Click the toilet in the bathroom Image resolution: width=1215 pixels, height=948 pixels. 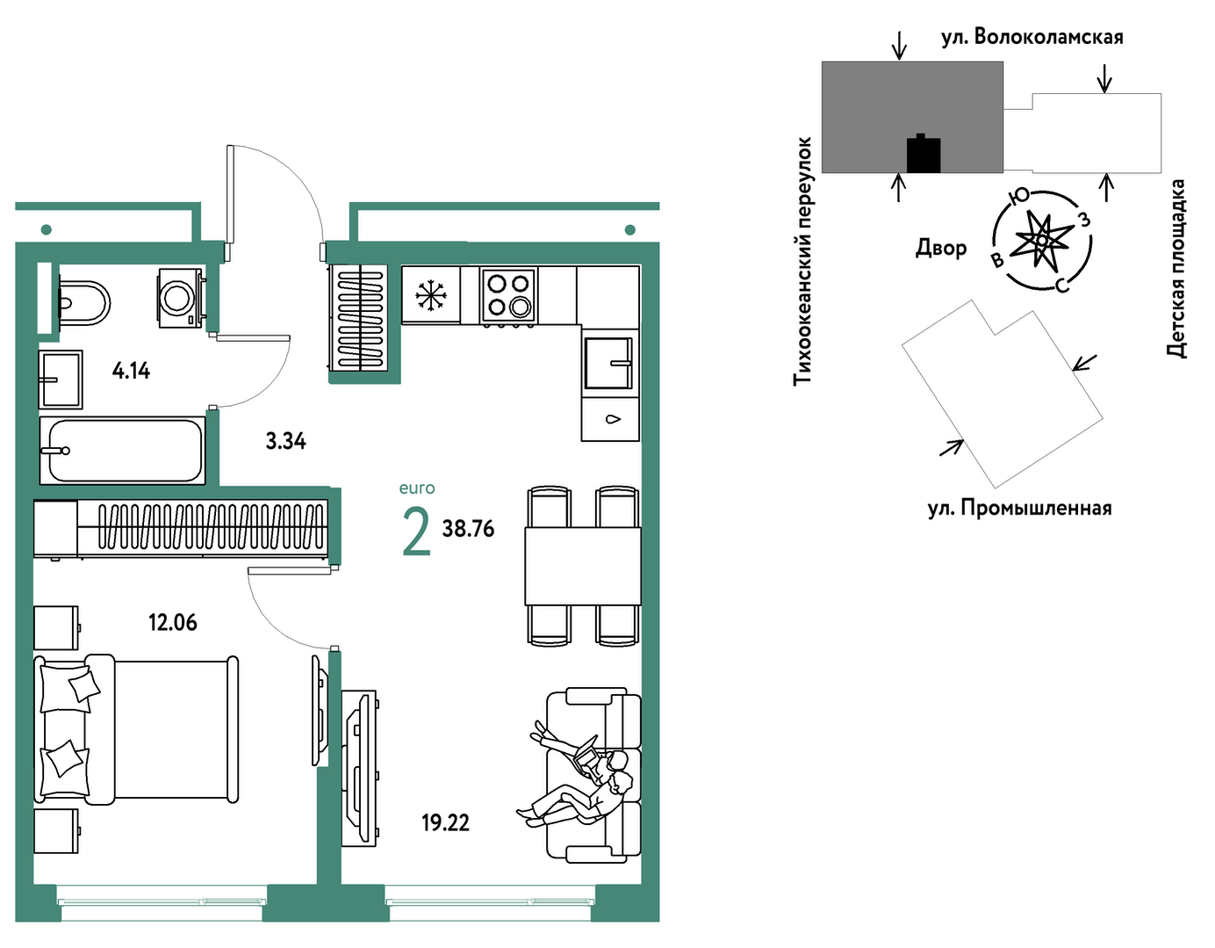(84, 303)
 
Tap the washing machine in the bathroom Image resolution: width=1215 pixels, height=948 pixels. (181, 298)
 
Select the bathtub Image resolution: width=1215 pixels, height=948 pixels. (122, 451)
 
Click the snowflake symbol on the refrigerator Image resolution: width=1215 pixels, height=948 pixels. (431, 295)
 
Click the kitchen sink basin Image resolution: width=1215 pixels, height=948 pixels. (608, 363)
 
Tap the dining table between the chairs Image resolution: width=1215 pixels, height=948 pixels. (583, 566)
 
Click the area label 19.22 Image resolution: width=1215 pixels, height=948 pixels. (446, 823)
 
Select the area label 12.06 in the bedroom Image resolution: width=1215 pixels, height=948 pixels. (173, 622)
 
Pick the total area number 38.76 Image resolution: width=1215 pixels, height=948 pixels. (468, 528)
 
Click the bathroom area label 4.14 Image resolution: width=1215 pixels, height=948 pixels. (131, 371)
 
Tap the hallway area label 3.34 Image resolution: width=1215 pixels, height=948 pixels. (285, 442)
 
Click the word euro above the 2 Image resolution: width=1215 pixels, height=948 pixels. (417, 488)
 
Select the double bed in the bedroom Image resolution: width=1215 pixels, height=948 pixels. (136, 730)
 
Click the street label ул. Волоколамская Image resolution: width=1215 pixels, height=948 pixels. (1032, 37)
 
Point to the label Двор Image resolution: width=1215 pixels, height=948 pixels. (941, 248)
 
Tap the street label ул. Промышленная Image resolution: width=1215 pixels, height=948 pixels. (1020, 508)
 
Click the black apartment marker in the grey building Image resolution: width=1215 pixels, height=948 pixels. (924, 154)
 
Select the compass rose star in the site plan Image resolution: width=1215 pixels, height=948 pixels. (1042, 240)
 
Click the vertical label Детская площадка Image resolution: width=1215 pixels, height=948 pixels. (1175, 268)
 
